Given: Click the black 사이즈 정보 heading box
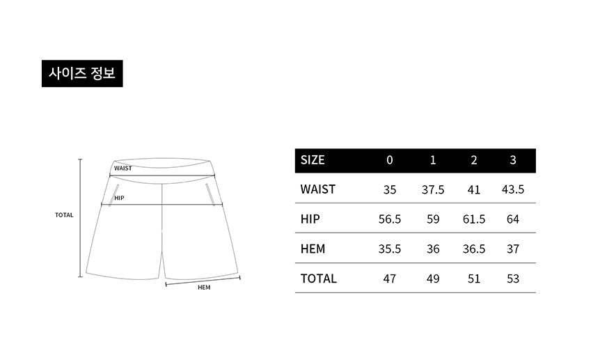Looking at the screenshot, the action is point(82,73).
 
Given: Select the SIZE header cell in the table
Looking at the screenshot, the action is point(313,160).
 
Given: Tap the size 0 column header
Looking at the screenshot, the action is point(389,160).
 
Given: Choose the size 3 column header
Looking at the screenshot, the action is point(513,160).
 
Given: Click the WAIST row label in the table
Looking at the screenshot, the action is point(318,189).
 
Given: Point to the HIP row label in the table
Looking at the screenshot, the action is point(310,219).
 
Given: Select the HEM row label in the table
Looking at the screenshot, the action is point(313,249).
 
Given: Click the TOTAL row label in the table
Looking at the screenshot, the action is point(319,279).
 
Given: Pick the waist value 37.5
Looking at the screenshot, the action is point(433,189).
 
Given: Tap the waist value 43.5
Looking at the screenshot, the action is point(513,189).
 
